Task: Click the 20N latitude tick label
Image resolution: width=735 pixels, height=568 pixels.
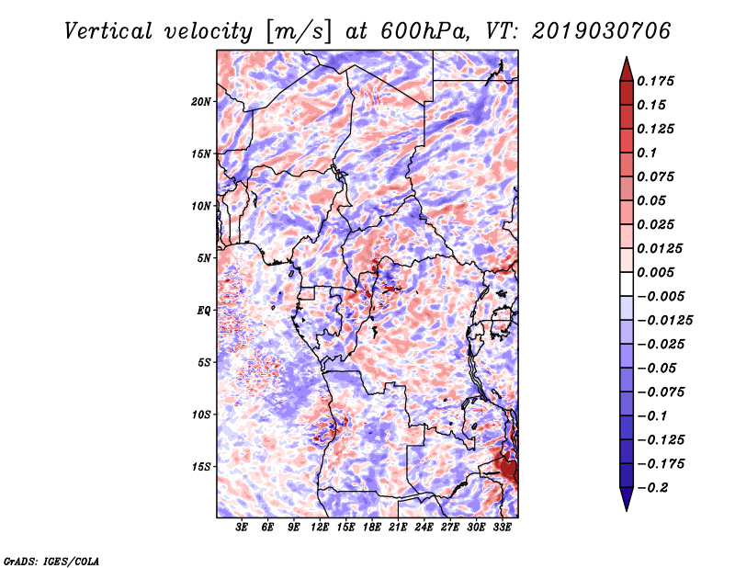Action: (201, 102)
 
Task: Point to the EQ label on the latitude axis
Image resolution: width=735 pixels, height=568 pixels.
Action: (203, 311)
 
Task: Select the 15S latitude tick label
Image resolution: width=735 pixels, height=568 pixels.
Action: (201, 467)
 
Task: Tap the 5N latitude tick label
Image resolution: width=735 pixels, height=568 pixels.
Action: (204, 258)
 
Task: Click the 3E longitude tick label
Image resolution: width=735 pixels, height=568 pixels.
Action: (242, 528)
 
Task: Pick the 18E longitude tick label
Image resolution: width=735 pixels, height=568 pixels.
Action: (372, 528)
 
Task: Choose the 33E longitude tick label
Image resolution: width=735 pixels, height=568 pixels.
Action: (502, 528)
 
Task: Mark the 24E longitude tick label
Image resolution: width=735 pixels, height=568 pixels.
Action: (424, 528)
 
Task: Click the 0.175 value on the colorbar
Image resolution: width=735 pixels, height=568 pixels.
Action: (655, 81)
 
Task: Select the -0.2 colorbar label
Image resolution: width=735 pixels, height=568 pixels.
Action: (652, 488)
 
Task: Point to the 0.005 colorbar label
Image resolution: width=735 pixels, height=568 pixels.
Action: (655, 272)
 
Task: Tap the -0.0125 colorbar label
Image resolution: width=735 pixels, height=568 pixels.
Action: (664, 321)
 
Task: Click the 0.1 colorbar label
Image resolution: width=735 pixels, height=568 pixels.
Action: (647, 153)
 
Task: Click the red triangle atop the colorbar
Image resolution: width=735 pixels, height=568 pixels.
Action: (627, 70)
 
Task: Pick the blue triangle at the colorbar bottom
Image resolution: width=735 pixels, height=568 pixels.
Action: (627, 499)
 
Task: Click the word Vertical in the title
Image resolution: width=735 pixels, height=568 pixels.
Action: (107, 31)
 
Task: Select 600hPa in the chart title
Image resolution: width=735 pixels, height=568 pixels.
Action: (424, 31)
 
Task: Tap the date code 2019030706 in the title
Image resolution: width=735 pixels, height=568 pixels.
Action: (602, 31)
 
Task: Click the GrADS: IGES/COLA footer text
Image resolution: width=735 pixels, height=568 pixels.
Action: (51, 561)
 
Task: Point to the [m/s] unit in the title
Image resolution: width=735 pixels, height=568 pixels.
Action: (298, 32)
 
